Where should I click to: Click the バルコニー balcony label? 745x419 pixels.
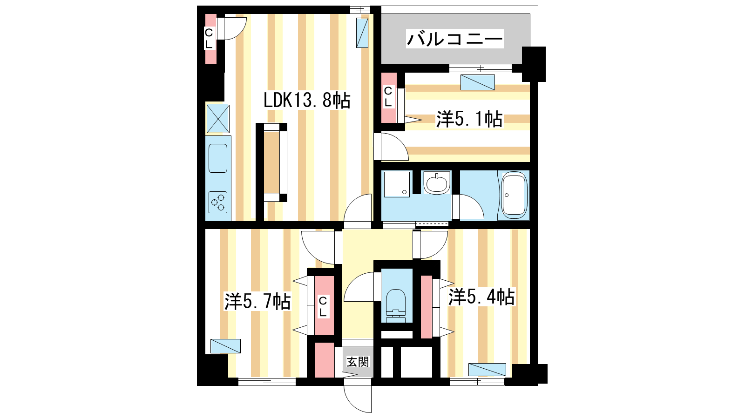tap(454, 39)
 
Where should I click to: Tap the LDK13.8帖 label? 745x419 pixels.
tap(307, 100)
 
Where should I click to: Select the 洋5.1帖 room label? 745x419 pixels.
tap(469, 119)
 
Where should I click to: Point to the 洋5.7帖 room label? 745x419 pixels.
tap(257, 302)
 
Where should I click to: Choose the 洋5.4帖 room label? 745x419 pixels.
tap(481, 297)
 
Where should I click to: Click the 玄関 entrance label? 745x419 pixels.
tap(358, 362)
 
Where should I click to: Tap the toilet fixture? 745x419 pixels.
tap(396, 305)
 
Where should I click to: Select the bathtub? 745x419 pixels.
tap(514, 195)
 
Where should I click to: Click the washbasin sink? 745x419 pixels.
tap(437, 183)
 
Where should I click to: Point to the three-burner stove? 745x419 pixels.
tap(218, 202)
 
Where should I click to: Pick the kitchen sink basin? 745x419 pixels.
tap(218, 158)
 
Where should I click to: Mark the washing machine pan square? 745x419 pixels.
tap(397, 184)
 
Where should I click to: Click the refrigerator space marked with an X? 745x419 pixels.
tap(218, 119)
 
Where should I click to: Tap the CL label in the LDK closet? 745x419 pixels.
tap(209, 39)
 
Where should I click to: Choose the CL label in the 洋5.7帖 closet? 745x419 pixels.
tap(323, 306)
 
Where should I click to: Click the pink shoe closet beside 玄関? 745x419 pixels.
tap(324, 360)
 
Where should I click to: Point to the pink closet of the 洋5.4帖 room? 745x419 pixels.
tap(427, 307)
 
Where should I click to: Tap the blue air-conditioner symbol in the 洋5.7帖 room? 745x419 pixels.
tap(225, 346)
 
